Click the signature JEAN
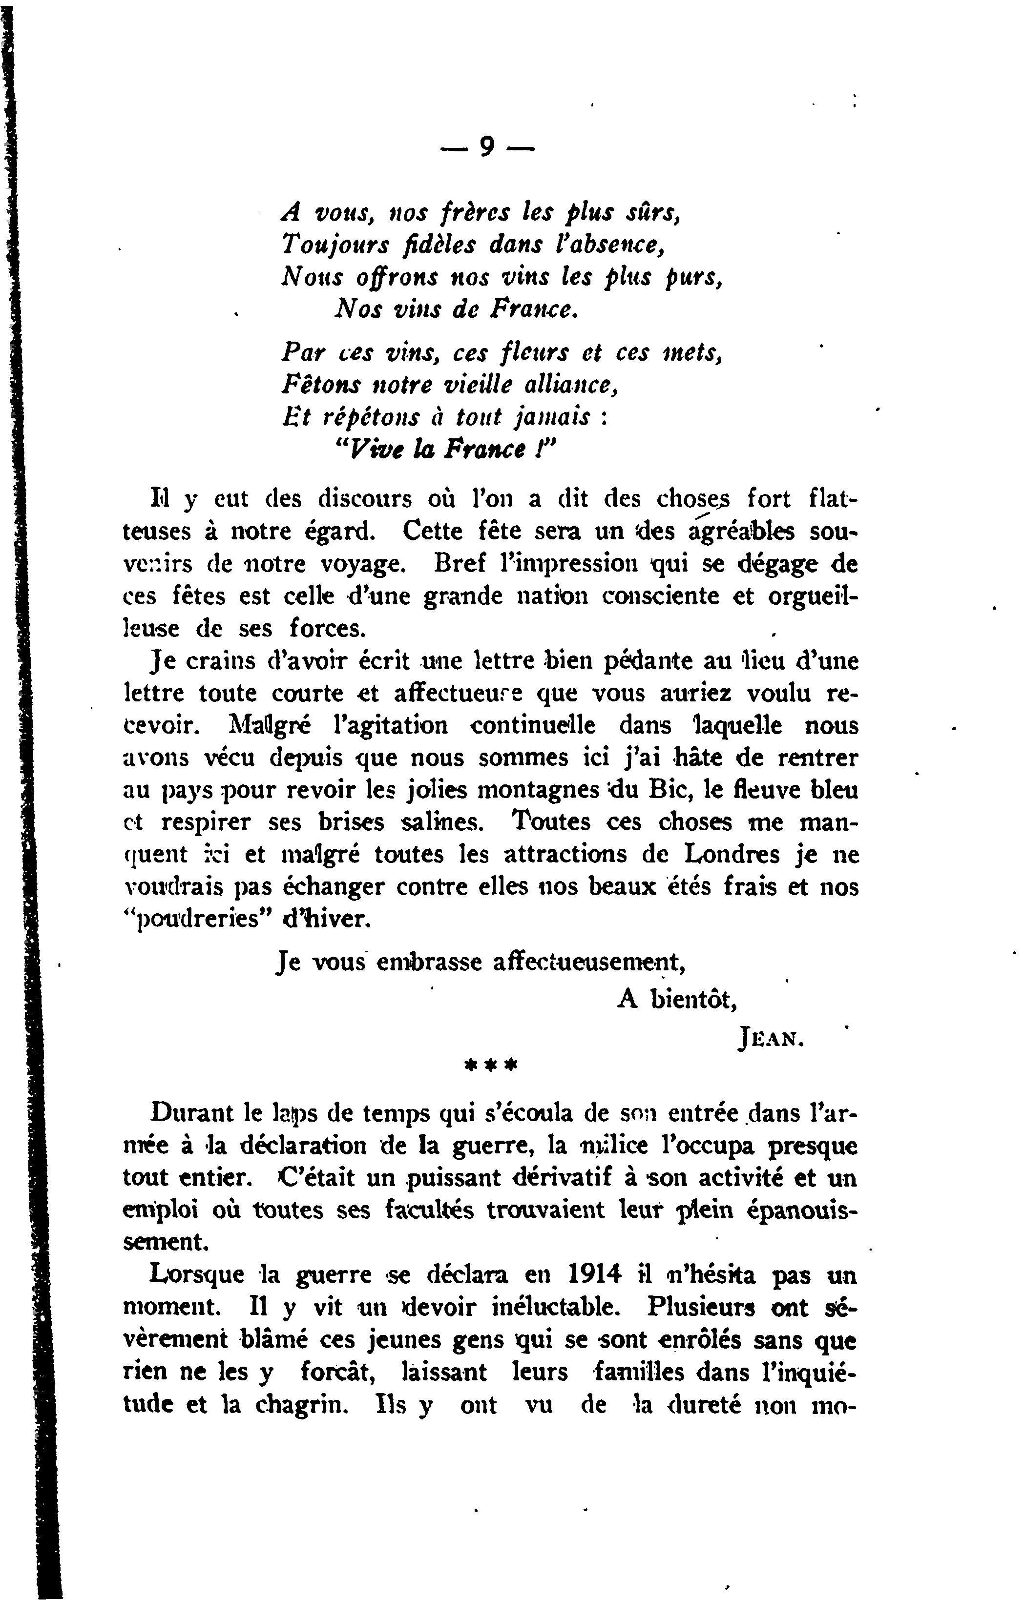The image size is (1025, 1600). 771,1037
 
